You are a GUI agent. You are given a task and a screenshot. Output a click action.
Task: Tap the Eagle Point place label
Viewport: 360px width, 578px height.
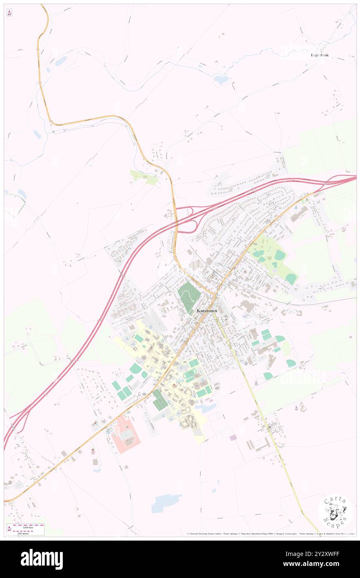pos(319,55)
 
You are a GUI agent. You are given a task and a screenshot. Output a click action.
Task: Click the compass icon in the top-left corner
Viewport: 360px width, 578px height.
pos(9,13)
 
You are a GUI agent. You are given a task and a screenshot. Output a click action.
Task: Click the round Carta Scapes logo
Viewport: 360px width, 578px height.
pos(335,512)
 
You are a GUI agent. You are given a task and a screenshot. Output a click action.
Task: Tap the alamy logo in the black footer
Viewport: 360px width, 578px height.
pos(42,559)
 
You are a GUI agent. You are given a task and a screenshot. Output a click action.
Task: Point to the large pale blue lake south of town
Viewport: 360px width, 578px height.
pos(165,503)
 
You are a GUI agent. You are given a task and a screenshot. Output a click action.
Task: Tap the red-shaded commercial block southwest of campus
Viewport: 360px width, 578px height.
pos(126,435)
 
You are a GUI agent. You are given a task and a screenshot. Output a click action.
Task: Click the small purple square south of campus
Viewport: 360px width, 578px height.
pos(233,437)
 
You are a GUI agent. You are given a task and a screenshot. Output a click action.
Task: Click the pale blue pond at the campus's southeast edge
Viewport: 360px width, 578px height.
pos(206,408)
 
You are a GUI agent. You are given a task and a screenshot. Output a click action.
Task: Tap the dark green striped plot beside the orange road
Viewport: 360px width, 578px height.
pos(160,400)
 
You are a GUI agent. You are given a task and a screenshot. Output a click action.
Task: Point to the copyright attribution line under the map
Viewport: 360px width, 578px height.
pos(270,534)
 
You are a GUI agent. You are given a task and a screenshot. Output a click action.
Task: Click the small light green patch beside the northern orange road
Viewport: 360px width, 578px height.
pos(144,178)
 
